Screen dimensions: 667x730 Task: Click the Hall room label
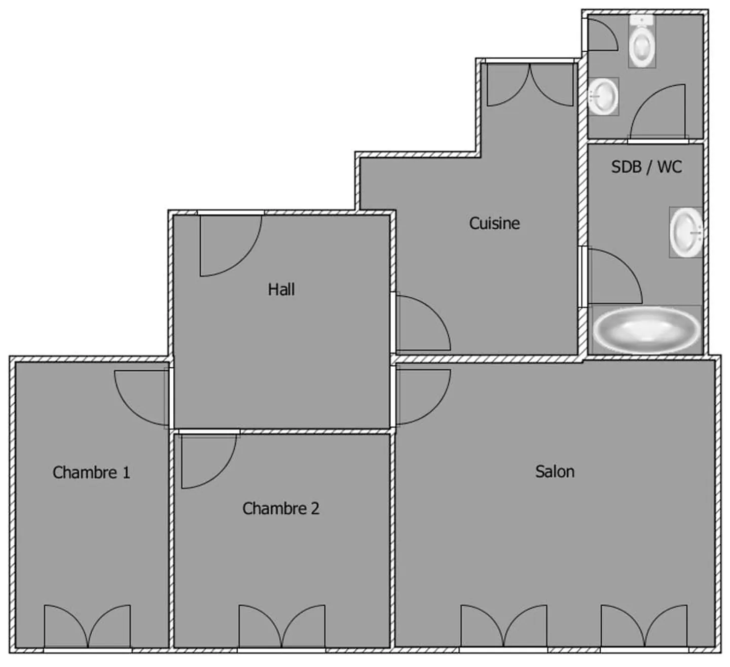[281, 290]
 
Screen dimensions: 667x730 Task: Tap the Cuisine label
[494, 223]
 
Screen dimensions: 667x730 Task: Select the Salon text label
[555, 472]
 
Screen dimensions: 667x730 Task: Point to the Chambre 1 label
[91, 473]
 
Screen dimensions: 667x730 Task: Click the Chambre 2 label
[281, 508]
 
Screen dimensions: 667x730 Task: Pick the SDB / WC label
[646, 167]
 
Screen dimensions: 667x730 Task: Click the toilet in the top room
[642, 42]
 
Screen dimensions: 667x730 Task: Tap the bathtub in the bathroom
[646, 329]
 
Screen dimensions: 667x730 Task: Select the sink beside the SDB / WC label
[685, 232]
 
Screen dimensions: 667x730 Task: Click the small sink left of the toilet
[603, 96]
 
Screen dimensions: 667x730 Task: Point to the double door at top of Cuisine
[530, 85]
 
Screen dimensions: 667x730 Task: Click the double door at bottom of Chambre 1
[87, 626]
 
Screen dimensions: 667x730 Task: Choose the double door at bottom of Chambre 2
[282, 626]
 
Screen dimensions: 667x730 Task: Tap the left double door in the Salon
[503, 626]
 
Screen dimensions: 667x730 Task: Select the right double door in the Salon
[644, 626]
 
